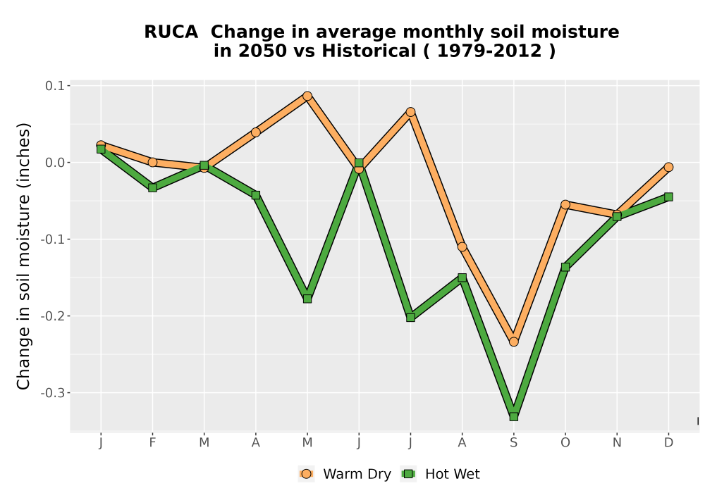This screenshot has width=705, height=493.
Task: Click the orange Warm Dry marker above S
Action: tap(513, 342)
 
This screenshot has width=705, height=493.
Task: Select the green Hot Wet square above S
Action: tap(513, 417)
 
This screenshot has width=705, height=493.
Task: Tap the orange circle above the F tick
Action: tap(152, 162)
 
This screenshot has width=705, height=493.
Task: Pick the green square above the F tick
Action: tap(152, 187)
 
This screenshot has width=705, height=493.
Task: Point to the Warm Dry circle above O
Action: tap(565, 205)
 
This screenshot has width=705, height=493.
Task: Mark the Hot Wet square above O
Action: tap(565, 267)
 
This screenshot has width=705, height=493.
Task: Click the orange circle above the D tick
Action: tap(668, 167)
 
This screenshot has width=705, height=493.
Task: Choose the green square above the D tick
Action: tap(668, 196)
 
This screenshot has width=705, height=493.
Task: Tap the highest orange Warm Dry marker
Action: tap(307, 96)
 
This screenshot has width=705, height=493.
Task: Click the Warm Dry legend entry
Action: tap(345, 474)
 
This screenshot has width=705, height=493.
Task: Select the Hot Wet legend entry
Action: tap(440, 474)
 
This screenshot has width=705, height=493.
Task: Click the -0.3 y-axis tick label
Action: tap(52, 393)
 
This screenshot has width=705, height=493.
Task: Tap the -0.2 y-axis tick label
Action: tap(52, 316)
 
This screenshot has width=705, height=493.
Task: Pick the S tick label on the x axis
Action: tap(513, 443)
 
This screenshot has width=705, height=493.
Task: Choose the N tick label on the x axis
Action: tap(617, 443)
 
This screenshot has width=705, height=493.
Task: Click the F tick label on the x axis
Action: tap(152, 443)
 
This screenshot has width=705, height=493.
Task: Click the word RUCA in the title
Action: tap(171, 32)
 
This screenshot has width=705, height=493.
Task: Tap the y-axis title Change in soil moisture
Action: tap(23, 256)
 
